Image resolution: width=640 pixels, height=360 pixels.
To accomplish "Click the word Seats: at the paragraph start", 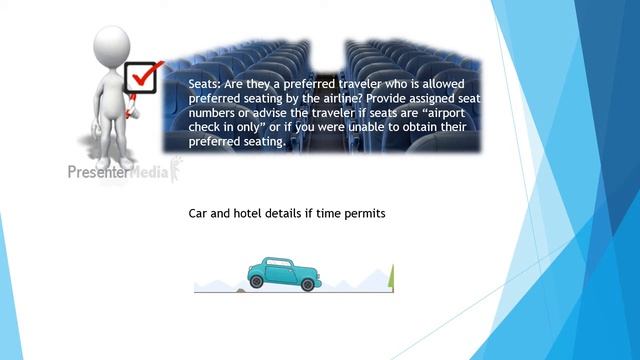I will click(207, 86).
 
